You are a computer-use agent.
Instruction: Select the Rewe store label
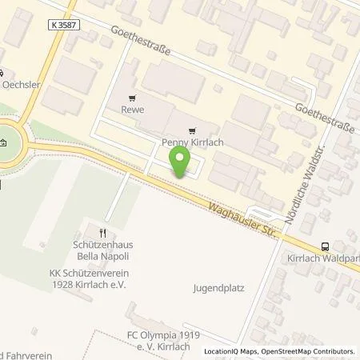click(x=133, y=110)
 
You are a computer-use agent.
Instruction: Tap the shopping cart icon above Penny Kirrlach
click(x=190, y=130)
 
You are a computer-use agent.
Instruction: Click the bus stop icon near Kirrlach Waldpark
click(x=326, y=246)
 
